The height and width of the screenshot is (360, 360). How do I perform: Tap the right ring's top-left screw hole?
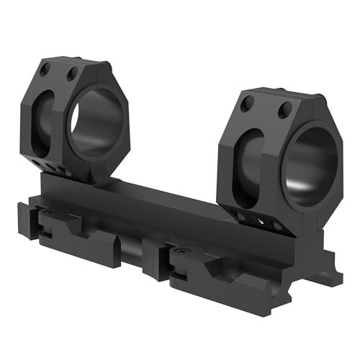coord(248,105)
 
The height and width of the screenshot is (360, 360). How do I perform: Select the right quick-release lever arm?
coord(216,270)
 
